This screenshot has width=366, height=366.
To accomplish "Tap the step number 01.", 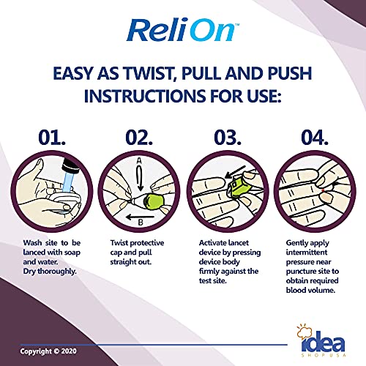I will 50,137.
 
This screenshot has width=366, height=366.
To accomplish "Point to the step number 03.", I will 228,137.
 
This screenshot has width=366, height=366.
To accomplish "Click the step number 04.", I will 318,137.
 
